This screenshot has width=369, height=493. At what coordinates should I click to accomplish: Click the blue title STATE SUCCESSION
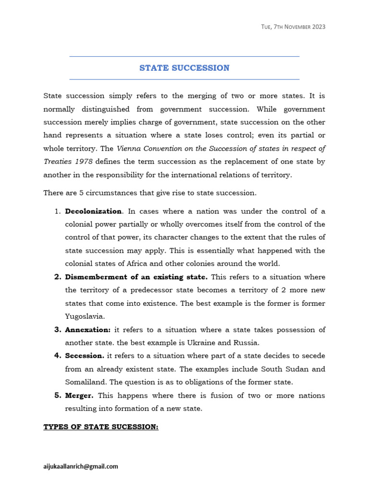pyautogui.click(x=184, y=68)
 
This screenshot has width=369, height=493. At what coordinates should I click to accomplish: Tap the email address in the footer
pyautogui.click(x=81, y=466)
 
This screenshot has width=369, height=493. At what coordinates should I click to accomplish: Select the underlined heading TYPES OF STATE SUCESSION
pyautogui.click(x=101, y=427)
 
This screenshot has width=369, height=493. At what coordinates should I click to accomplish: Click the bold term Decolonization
pyautogui.click(x=94, y=211)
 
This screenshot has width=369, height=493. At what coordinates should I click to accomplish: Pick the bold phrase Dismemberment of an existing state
pyautogui.click(x=136, y=277)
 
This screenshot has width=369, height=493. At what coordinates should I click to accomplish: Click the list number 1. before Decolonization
pyautogui.click(x=57, y=211)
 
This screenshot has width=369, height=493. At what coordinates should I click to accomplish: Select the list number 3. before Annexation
pyautogui.click(x=57, y=330)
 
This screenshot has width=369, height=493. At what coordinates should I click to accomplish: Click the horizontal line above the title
pyautogui.click(x=184, y=56)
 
